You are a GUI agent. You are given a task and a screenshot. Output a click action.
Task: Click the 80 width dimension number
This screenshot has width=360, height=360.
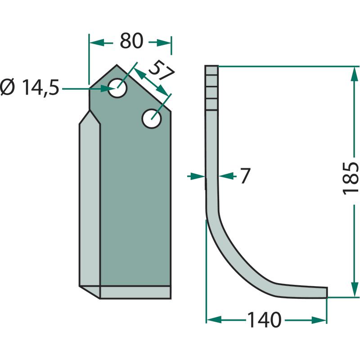point(131,41)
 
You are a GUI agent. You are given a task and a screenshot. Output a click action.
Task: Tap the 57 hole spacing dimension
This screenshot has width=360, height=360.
point(161,70)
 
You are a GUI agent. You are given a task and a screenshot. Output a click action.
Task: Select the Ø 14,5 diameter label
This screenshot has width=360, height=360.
point(30,87)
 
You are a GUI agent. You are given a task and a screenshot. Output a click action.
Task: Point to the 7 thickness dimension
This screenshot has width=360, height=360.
point(245,175)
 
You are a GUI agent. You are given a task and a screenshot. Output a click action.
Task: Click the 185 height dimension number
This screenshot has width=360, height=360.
point(351,178)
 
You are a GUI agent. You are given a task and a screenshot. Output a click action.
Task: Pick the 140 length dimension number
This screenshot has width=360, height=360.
point(264,319)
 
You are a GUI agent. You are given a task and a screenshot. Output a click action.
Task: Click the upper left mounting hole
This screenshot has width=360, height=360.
point(117,88)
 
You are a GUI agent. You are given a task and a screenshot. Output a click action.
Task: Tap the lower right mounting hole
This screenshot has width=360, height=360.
point(152,119)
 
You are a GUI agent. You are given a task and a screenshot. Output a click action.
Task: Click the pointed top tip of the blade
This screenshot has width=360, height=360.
point(117,65)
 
